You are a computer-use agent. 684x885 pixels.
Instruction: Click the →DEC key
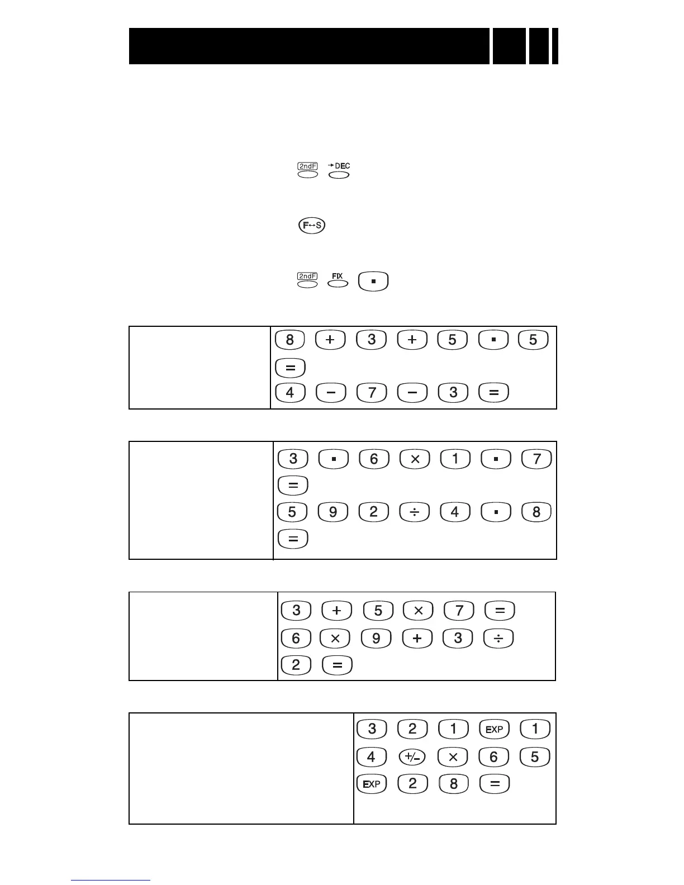tap(339, 175)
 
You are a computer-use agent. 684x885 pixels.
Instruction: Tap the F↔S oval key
tap(311, 226)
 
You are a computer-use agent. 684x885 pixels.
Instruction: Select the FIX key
tap(338, 284)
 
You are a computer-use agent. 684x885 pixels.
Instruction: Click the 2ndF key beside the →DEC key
tap(308, 174)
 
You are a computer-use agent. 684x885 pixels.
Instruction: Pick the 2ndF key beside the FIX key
tap(308, 284)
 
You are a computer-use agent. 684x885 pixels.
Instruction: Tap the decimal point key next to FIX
tap(373, 281)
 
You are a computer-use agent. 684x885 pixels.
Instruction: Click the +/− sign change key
tap(412, 757)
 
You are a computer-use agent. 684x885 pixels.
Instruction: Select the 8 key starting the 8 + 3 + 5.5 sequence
tap(290, 340)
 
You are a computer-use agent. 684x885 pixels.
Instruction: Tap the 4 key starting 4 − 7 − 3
tap(290, 392)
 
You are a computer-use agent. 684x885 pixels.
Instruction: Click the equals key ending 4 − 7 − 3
tap(494, 392)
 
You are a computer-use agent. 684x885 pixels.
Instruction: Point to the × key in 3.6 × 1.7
tap(415, 459)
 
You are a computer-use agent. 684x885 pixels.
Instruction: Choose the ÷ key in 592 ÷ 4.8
tap(415, 512)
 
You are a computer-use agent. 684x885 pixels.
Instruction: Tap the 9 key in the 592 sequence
tap(332, 512)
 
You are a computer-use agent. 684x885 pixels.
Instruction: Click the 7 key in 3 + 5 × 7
tap(459, 611)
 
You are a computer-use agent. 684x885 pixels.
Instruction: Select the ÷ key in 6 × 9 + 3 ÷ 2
tap(499, 638)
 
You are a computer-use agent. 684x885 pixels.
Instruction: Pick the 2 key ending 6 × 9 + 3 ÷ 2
tap(296, 665)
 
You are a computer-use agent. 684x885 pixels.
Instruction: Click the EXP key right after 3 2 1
tap(494, 729)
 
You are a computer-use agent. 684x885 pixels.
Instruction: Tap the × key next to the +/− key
tap(453, 757)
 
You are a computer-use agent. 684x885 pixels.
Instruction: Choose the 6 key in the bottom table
tap(494, 757)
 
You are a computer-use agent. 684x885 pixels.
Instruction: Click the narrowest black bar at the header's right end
tap(555, 46)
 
